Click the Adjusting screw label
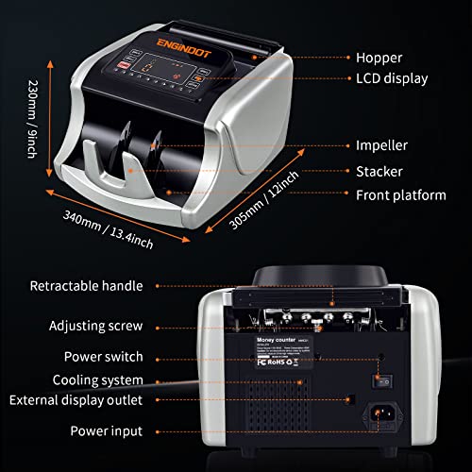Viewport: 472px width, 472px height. (x=97, y=326)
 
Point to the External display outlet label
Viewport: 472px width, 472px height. (x=76, y=400)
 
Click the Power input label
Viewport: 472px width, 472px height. (x=106, y=431)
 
